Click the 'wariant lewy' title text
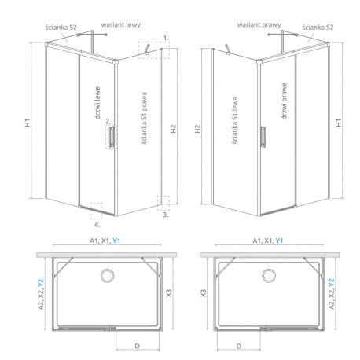tap(120, 25)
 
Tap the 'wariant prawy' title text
tap(259, 25)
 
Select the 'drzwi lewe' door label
tap(97, 103)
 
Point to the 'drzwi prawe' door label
tap(284, 101)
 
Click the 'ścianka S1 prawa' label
tap(144, 118)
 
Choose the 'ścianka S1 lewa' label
tap(235, 120)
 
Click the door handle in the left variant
tap(112, 137)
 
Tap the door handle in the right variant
tap(263, 137)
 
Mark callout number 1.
tap(166, 39)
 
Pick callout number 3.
tap(165, 215)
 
